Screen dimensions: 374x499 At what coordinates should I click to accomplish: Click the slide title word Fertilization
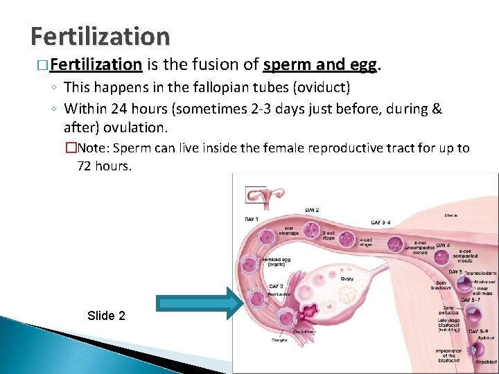pyautogui.click(x=100, y=36)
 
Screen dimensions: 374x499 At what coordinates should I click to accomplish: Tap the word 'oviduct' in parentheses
pyautogui.click(x=327, y=87)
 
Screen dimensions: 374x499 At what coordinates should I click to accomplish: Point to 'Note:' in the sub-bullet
pyautogui.click(x=94, y=148)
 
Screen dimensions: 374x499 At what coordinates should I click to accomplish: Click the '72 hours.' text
pyautogui.click(x=103, y=166)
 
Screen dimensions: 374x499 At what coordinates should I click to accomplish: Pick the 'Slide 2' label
pyautogui.click(x=106, y=316)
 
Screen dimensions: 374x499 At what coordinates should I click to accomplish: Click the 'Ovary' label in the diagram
pyautogui.click(x=347, y=278)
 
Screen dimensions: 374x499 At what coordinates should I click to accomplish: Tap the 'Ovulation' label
pyautogui.click(x=301, y=331)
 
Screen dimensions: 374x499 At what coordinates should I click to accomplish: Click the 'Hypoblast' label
pyautogui.click(x=486, y=362)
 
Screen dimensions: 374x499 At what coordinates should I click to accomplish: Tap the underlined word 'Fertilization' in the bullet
pyautogui.click(x=96, y=65)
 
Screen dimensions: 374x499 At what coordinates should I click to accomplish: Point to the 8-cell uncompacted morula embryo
pyautogui.click(x=395, y=244)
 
